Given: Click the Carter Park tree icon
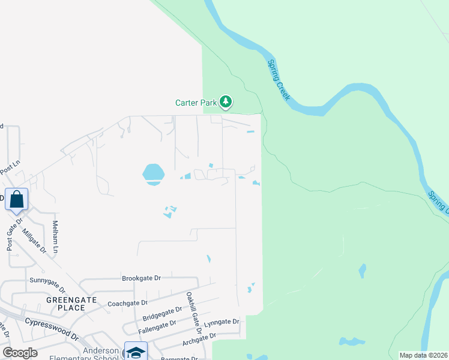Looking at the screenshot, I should coord(226,102).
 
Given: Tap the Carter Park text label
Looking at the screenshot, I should coord(195,103).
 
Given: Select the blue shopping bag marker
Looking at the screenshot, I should coord(17,199).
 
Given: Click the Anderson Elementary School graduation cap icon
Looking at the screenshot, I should coord(136,352).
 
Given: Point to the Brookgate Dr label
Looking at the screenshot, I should coord(142,278).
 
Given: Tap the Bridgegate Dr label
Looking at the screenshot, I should coord(162,313).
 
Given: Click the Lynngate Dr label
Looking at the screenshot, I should coord(221,323).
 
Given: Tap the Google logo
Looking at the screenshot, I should coord(20,353).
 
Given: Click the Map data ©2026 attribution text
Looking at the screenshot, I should coord(424,355).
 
